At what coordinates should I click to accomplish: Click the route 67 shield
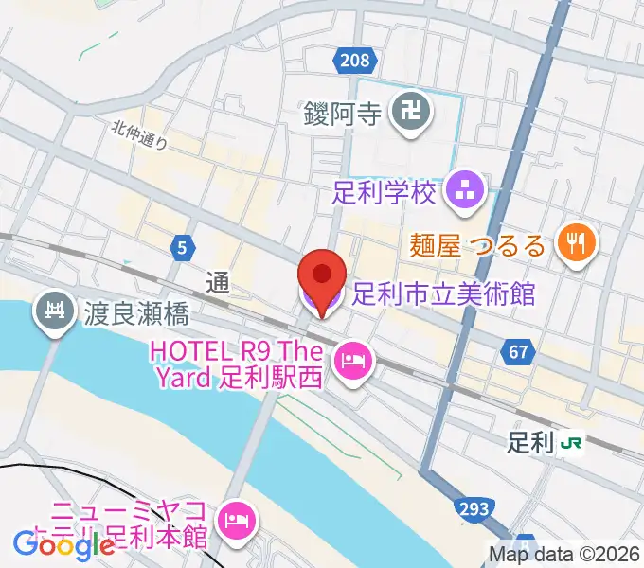517,352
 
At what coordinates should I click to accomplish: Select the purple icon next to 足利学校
465,192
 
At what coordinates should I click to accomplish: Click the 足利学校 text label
384,193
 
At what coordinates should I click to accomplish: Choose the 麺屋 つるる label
478,246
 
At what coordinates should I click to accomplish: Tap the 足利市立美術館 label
442,294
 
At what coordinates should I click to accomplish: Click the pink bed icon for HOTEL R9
352,360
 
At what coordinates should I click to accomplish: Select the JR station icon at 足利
571,442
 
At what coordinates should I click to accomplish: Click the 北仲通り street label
139,136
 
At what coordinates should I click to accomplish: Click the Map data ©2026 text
563,556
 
